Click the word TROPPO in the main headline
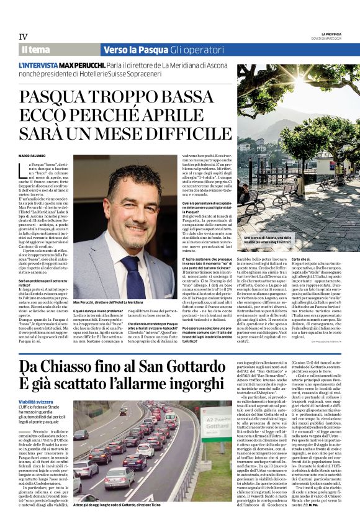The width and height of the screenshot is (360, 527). coord(127,98)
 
